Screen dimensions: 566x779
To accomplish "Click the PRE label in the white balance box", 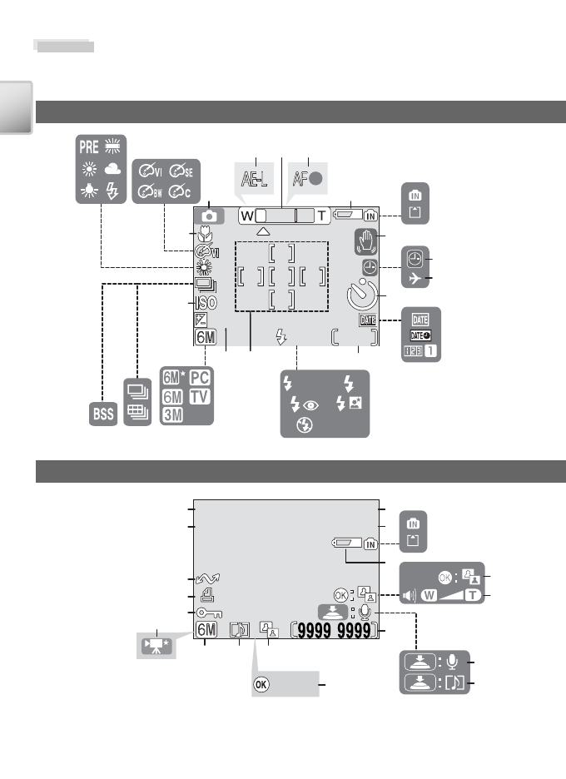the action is pos(89,147).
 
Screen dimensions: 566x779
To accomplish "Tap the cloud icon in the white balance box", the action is pos(113,170).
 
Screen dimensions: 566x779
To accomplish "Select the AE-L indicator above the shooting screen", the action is pos(254,178).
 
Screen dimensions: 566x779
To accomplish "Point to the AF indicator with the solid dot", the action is pos(308,178).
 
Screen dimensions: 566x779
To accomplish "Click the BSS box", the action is pos(103,414).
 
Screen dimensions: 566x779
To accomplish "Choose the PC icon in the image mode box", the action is pos(200,378).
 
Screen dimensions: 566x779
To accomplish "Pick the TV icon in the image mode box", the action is pos(200,396).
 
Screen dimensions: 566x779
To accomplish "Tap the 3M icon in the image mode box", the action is pos(172,414).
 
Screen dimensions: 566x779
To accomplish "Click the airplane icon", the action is pos(415,278).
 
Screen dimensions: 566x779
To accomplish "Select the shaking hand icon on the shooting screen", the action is pos(365,242).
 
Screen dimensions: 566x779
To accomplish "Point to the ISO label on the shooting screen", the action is pos(206,303).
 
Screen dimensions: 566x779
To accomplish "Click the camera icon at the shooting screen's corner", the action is pos(209,216).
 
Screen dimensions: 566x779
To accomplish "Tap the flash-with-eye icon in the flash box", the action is pos(304,405).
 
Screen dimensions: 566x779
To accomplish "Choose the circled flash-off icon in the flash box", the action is pos(304,425).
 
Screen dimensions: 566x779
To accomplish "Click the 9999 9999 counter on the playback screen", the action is pos(334,631).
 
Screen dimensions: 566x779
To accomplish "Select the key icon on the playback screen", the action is pos(209,613).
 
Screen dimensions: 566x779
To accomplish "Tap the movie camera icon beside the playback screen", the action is pos(156,646).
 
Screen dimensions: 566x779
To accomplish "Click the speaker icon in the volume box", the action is pos(410,595).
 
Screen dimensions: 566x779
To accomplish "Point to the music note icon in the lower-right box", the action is pos(455,682).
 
